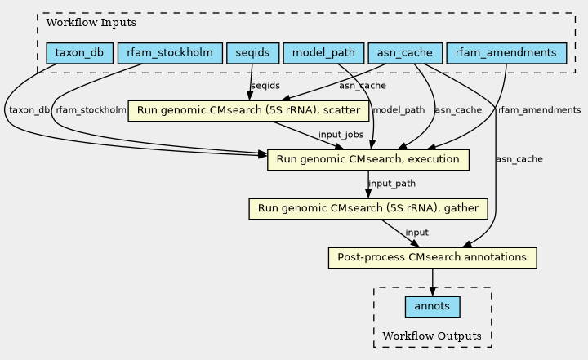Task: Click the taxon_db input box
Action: pos(79,53)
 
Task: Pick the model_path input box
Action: pos(323,53)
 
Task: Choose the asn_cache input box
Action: pos(405,53)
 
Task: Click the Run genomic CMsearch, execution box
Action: pos(368,159)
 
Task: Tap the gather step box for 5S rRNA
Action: pos(368,209)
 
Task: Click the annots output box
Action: pos(432,307)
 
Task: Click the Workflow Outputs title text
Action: pos(432,336)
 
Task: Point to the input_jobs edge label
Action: pos(341,134)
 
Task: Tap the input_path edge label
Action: pos(392,184)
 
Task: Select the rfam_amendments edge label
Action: pos(539,110)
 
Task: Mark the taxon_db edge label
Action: pos(29,110)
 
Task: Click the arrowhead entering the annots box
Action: pos(432,291)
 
